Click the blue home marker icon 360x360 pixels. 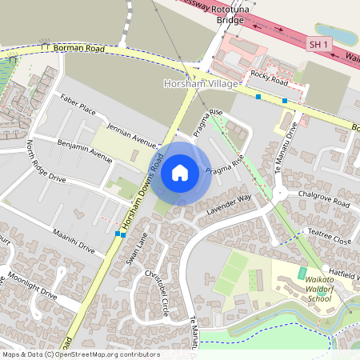(180, 172)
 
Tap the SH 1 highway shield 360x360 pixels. (318, 46)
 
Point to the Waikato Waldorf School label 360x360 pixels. (308, 284)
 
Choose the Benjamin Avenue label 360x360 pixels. (85, 150)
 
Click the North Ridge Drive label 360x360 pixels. (46, 162)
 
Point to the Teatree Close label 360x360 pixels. (330, 237)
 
